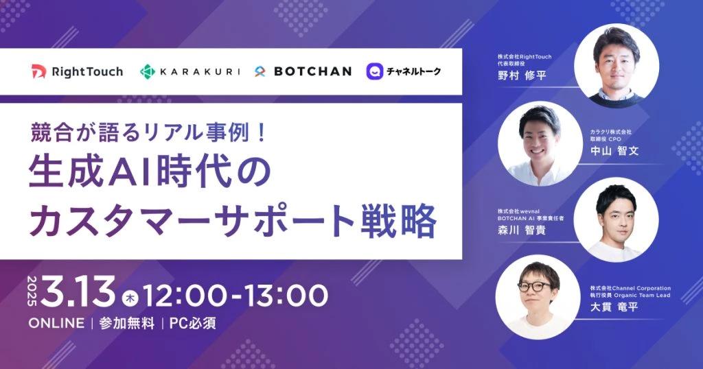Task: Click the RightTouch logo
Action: (x=77, y=71)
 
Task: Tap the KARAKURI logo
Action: (x=190, y=71)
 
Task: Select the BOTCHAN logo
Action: (x=303, y=71)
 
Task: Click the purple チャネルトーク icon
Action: (x=374, y=71)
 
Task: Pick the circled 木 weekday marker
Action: (x=130, y=298)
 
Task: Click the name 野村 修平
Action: (x=522, y=75)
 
